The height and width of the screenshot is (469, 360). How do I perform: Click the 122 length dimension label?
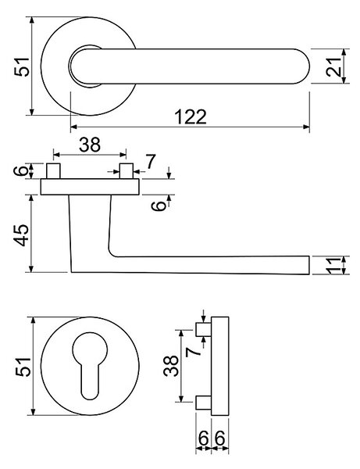tap(191, 117)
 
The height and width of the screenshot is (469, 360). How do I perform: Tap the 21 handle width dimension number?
tap(333, 66)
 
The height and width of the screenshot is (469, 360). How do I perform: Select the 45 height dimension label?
tap(23, 235)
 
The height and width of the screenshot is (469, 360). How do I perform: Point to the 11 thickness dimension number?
tap(333, 265)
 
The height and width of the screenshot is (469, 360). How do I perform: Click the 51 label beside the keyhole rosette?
tap(23, 367)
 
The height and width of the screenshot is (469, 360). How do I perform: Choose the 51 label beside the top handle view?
tap(23, 66)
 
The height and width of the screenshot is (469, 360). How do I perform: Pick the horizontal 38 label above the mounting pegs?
tap(90, 145)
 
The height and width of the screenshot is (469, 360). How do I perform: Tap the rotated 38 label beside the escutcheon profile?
tap(171, 366)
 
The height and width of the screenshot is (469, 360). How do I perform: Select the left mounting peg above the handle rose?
tap(53, 171)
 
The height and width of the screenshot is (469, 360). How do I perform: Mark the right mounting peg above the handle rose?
tap(126, 171)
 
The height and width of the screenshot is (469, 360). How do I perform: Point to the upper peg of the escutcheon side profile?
tap(204, 329)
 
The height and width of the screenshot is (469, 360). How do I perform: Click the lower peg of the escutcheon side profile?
tap(204, 402)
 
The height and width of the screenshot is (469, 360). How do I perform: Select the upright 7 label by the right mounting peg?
tap(151, 162)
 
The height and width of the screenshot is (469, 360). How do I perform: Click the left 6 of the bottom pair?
tap(204, 439)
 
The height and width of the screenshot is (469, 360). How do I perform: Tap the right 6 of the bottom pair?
tap(220, 439)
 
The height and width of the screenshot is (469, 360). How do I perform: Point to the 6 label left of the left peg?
tap(21, 171)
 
